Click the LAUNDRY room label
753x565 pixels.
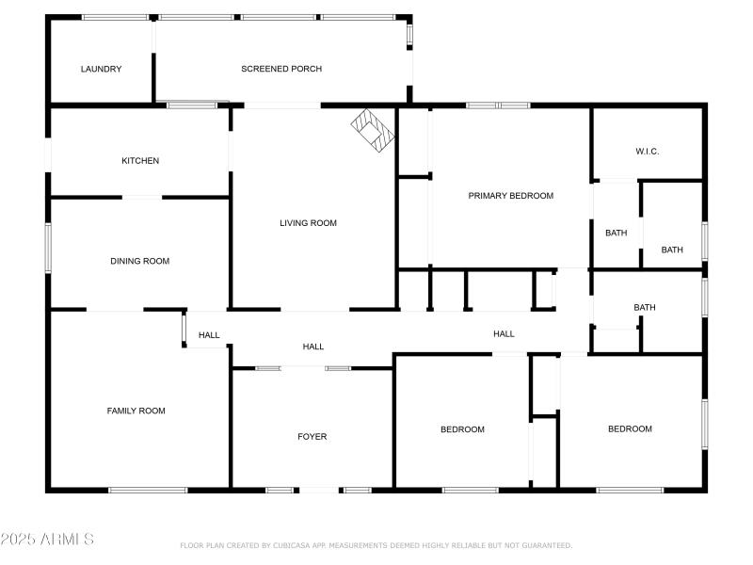[101, 69]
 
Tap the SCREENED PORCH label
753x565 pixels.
[281, 69]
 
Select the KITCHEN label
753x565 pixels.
[140, 160]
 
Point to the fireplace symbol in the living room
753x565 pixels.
[372, 129]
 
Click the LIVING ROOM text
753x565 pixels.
[308, 223]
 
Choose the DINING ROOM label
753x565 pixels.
[139, 261]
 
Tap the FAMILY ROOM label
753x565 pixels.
[136, 411]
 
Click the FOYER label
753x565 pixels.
[312, 437]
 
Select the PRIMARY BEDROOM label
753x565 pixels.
[511, 196]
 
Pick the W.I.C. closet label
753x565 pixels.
[647, 151]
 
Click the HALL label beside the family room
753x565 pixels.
[209, 335]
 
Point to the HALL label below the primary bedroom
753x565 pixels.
[504, 334]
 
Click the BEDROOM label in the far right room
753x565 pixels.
[630, 429]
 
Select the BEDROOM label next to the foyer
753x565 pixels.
[462, 429]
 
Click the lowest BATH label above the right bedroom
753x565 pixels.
[645, 308]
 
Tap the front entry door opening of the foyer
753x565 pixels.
[318, 490]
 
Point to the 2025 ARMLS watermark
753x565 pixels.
[47, 540]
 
